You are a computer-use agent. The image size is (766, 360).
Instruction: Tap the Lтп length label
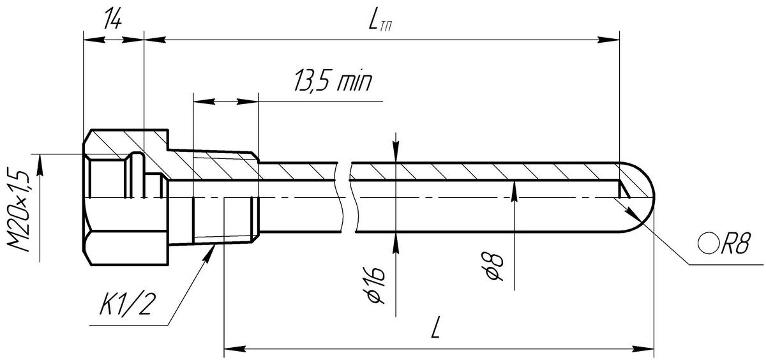(380, 22)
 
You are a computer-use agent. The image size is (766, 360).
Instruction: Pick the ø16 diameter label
(377, 284)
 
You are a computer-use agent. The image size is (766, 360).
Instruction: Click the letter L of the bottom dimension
(436, 329)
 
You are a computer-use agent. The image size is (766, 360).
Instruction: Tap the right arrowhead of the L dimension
(646, 349)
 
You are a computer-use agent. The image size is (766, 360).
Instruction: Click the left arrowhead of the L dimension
(232, 349)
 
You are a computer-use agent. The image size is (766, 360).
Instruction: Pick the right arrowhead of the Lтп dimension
(612, 40)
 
